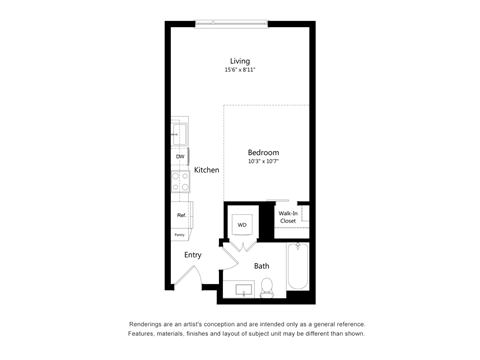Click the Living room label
pos(240,61)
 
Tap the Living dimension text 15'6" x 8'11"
pos(240,71)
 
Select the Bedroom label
pos(263,152)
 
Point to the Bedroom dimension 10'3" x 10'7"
pos(263,162)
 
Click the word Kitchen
pos(207,170)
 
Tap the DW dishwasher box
pos(180,157)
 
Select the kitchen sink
pos(179,133)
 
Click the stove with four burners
pos(180,181)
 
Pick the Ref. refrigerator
pos(181,215)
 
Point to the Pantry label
pos(179,235)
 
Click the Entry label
pos(193,255)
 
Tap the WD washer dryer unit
pos(242,225)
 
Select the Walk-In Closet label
pos(287,217)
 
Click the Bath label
pos(261,266)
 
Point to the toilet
pos(267,289)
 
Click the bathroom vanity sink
pos(242,290)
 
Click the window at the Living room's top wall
pos(232,21)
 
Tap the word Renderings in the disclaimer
pos(148,325)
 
